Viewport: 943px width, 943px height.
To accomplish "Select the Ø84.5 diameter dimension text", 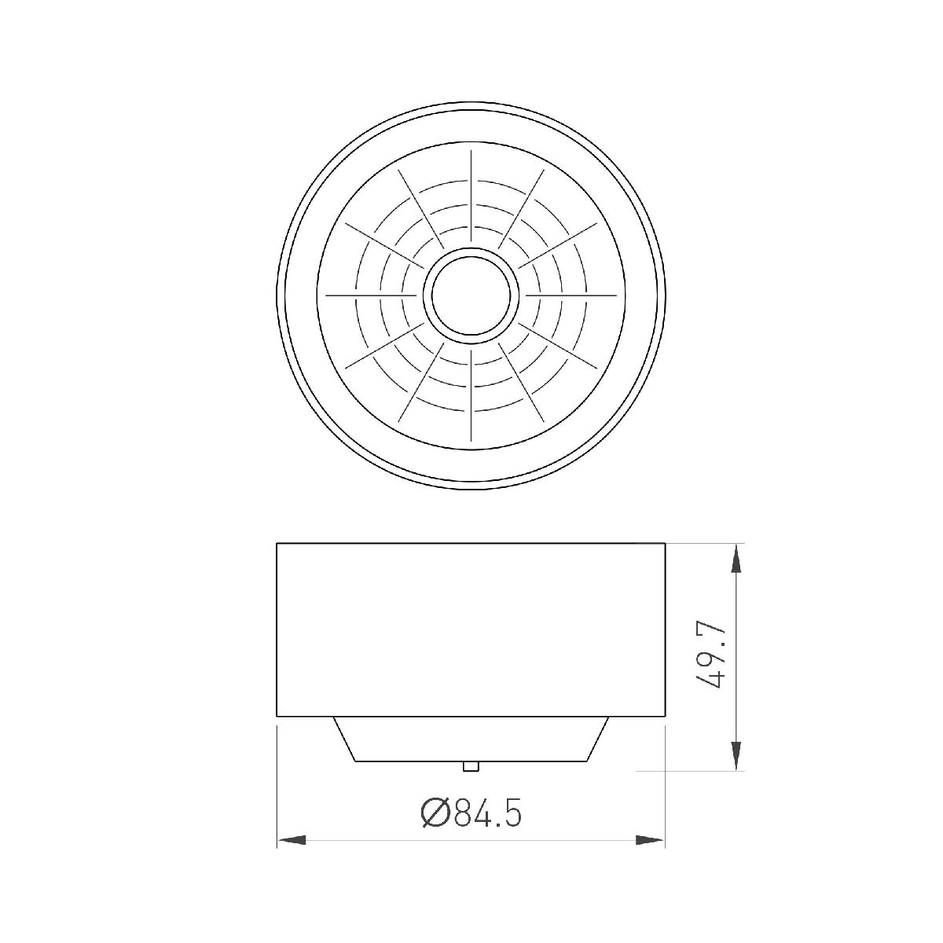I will coord(472,813).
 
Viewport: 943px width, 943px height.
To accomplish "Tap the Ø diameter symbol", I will coord(435,813).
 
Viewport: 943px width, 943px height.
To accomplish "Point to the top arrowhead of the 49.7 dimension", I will coord(736,560).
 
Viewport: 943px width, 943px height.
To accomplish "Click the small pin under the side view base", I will coord(471,766).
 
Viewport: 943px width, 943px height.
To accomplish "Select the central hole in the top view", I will coord(472,295).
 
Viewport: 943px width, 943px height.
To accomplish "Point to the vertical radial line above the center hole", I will coord(472,196).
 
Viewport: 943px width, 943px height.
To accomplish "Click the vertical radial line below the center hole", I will coord(472,393).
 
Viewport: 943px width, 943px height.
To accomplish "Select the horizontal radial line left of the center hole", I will coord(369,295).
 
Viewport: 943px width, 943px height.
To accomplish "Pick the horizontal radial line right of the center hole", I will coord(572,295).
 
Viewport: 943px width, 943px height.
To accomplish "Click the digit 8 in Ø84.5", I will coord(463,813).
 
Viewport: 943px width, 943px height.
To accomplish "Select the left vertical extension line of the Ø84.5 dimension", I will coord(277,786).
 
